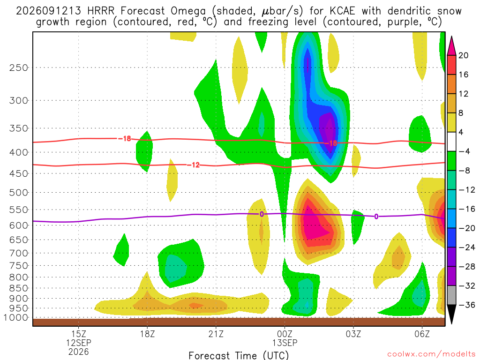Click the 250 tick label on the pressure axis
tap(19, 67)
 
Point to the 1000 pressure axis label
tap(16, 318)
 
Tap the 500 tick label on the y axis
tap(19, 193)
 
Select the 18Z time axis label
tap(147, 334)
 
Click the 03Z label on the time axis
tap(353, 334)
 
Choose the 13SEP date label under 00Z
tap(285, 343)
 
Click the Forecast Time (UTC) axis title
tap(239, 355)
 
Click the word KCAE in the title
tap(342, 11)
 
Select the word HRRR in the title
tap(101, 11)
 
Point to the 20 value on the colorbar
tap(463, 55)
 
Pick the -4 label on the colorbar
tap(465, 151)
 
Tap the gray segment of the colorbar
tap(451, 295)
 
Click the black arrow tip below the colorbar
tap(451, 323)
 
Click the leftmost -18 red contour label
tap(125, 139)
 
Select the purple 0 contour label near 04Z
tap(376, 217)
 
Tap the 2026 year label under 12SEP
tap(78, 352)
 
